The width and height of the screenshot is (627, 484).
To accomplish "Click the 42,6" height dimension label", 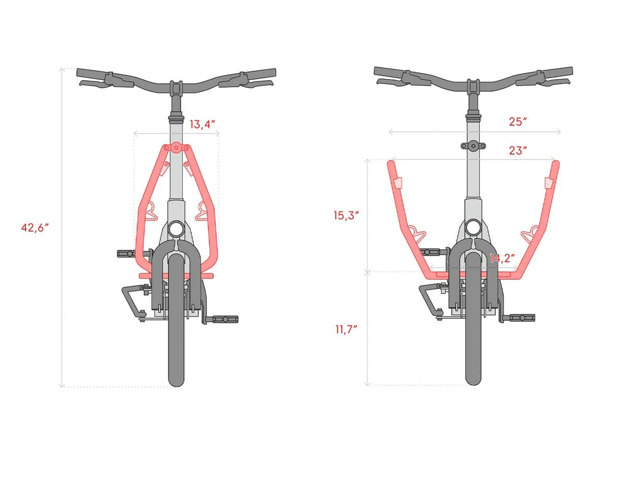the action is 35,228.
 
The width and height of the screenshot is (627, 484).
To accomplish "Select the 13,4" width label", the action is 202,124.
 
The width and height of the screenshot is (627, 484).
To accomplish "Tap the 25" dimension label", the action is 518,122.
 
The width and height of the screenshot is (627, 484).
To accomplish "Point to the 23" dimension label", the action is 518,151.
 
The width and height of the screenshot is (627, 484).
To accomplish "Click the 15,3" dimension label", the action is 346,215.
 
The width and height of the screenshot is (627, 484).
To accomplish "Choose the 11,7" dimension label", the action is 346,330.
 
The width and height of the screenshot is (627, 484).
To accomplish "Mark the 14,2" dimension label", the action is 502,259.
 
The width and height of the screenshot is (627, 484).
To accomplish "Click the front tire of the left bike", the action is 176,320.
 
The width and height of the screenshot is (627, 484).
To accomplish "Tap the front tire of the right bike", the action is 473,319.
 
